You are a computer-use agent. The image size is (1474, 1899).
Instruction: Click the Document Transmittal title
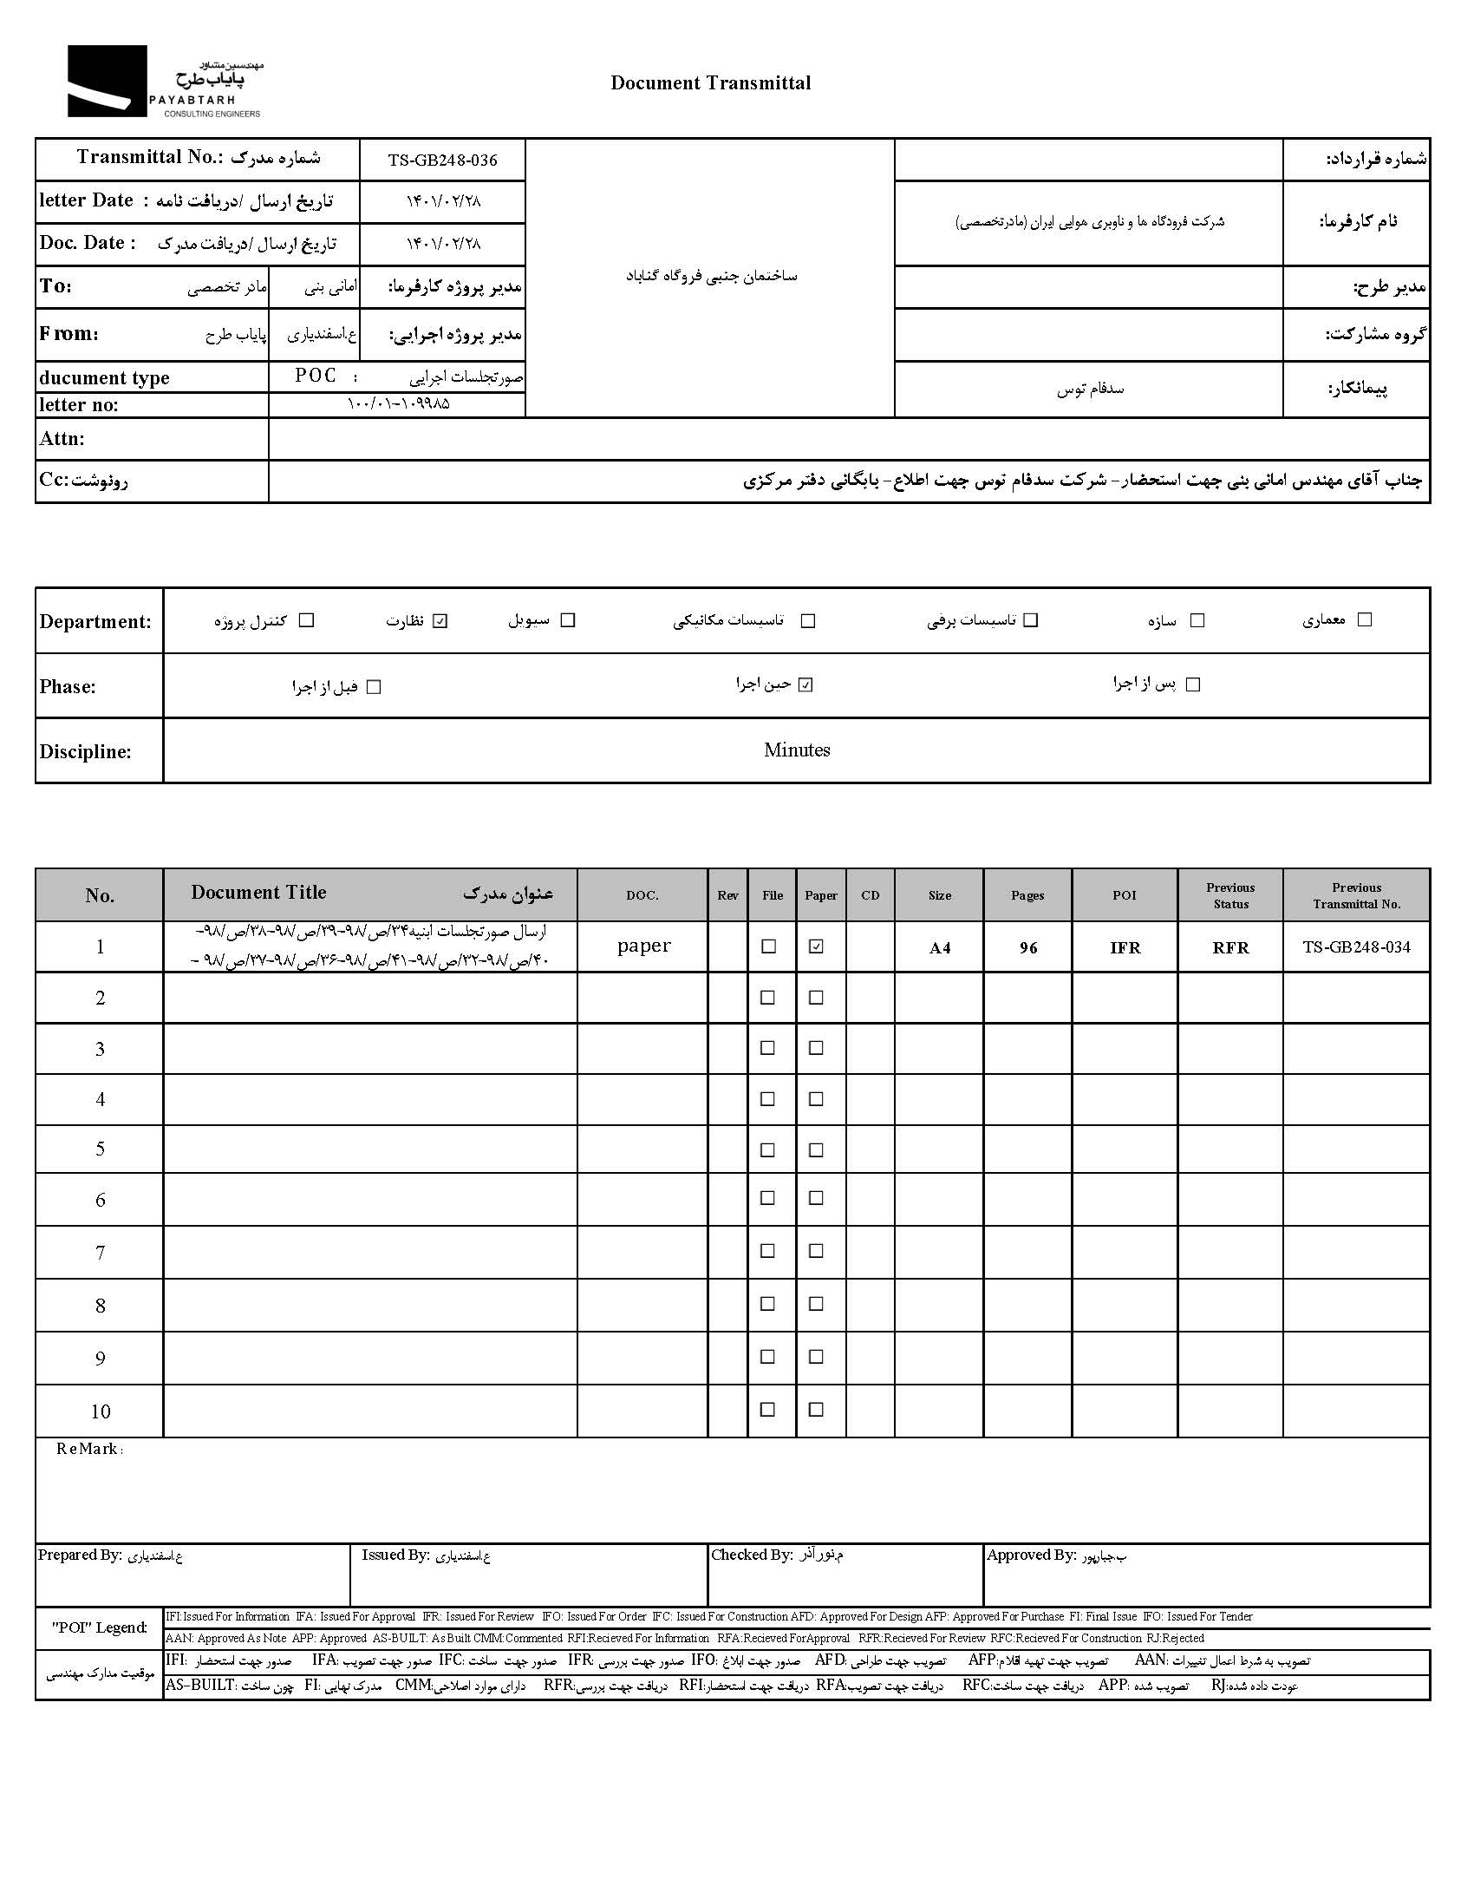[x=710, y=83]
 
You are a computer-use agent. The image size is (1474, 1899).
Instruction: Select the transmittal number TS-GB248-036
[x=442, y=160]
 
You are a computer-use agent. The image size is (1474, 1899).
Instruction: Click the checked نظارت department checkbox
[x=440, y=621]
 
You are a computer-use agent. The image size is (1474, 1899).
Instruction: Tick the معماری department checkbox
[x=1365, y=620]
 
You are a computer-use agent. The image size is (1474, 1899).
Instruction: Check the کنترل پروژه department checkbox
[x=306, y=621]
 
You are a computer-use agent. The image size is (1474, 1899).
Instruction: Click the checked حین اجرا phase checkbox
[x=805, y=685]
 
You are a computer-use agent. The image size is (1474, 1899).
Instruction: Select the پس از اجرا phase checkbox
[x=1193, y=685]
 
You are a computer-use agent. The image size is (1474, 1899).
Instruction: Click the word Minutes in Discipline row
[x=797, y=750]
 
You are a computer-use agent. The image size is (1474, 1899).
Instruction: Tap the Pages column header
[x=1027, y=895]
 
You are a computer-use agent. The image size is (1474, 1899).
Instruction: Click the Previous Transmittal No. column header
[x=1356, y=895]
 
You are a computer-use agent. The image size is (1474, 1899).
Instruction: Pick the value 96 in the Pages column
[x=1028, y=947]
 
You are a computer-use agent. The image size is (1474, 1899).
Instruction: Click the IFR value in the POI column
[x=1125, y=947]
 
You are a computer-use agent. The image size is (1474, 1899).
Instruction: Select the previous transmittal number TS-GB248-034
[x=1356, y=947]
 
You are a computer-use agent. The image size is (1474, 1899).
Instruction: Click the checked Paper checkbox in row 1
[x=816, y=946]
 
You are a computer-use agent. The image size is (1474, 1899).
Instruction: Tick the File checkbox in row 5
[x=767, y=1150]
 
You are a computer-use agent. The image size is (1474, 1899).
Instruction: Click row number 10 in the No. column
[x=100, y=1412]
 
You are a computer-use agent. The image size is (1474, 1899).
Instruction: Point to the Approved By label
[x=1031, y=1555]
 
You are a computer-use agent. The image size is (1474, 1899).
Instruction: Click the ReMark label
[x=88, y=1450]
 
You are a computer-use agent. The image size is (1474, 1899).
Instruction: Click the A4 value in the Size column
[x=940, y=947]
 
